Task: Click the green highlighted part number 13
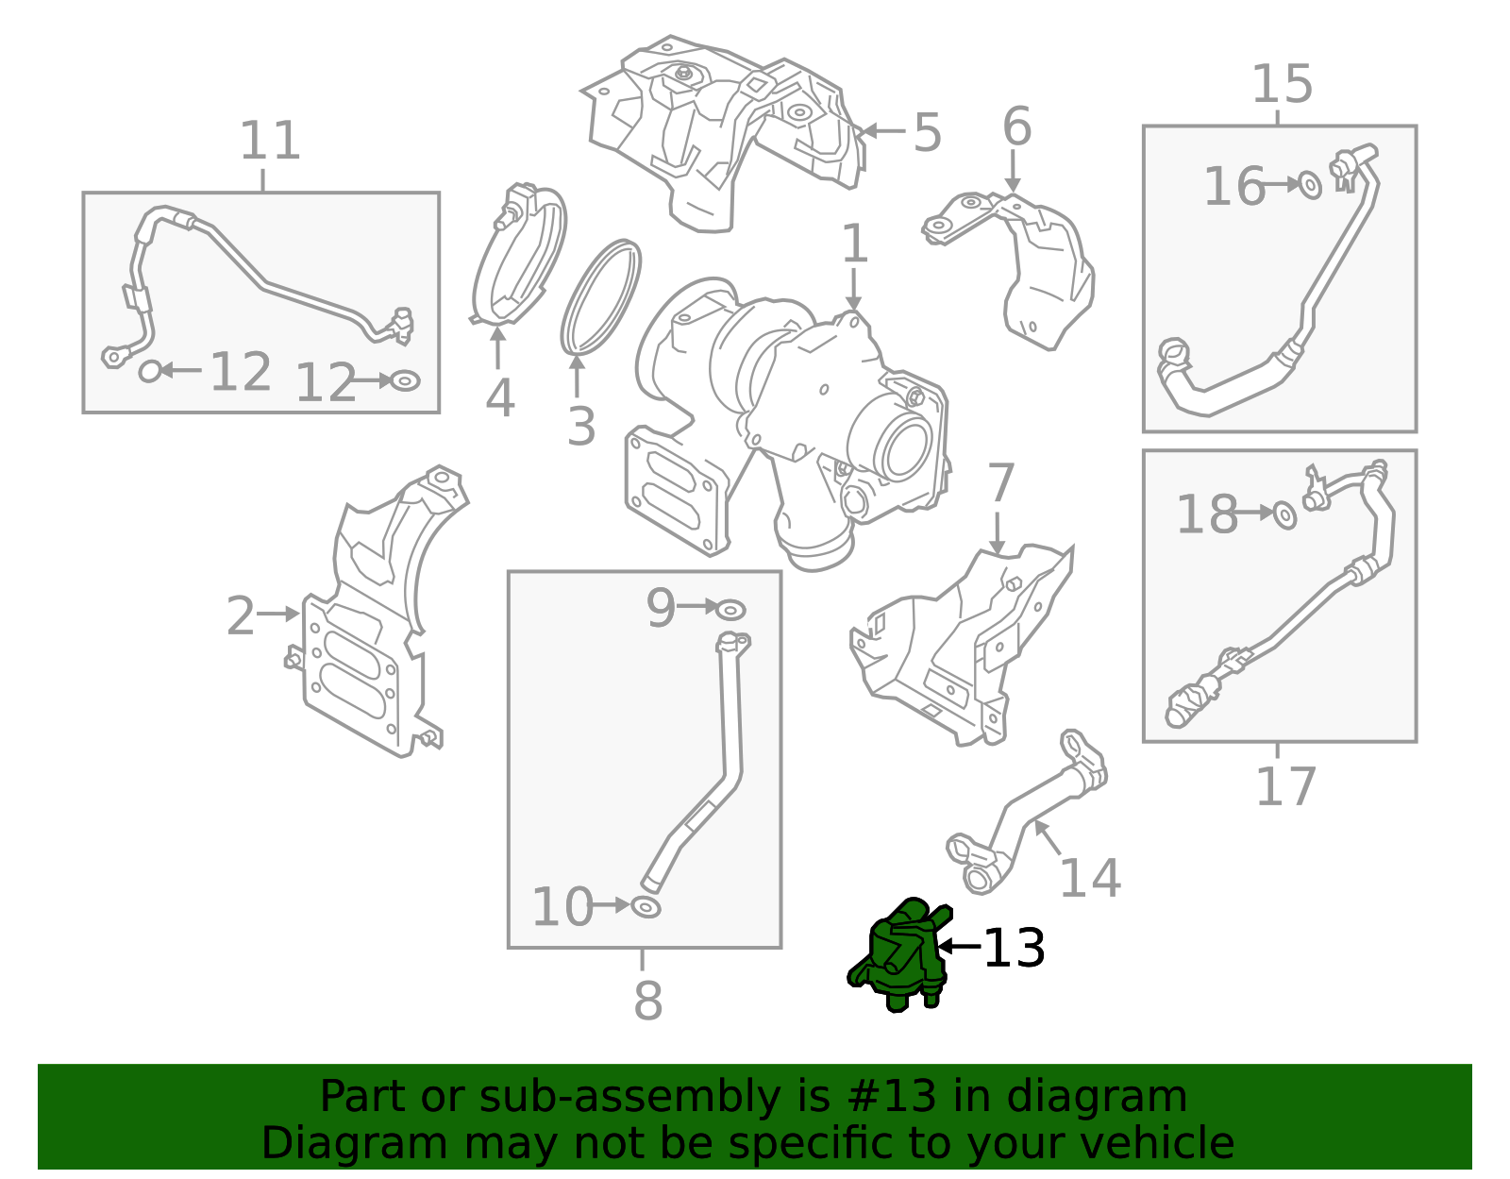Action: click(x=898, y=955)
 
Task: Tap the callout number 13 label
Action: click(x=1014, y=949)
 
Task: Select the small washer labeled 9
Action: click(x=730, y=609)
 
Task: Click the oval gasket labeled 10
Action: click(x=646, y=908)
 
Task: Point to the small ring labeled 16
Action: click(x=1310, y=185)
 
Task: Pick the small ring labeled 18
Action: click(x=1284, y=514)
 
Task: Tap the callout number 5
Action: click(x=927, y=133)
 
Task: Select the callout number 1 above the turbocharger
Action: click(x=854, y=244)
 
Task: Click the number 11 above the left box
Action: click(x=270, y=142)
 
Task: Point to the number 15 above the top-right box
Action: click(x=1282, y=85)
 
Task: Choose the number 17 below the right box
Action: click(x=1285, y=787)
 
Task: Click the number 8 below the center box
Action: click(x=647, y=1001)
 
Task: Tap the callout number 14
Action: click(x=1090, y=879)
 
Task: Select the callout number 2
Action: click(x=241, y=616)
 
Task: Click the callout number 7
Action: click(x=1000, y=483)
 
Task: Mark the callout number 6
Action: click(x=1016, y=126)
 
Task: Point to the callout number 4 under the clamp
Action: click(x=499, y=398)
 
